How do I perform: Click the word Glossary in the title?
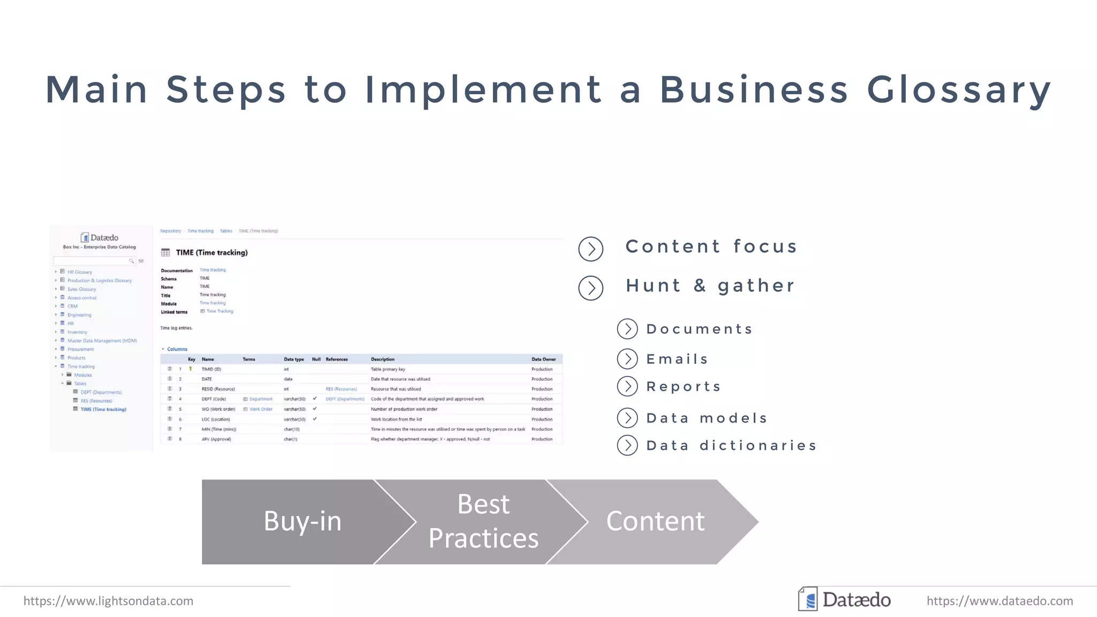[959, 90]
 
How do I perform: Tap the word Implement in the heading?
[483, 90]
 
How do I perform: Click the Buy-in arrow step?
[302, 521]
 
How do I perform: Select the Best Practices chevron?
[483, 521]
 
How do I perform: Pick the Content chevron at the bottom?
[655, 521]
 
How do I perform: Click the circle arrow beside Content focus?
[591, 249]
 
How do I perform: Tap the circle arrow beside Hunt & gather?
[591, 288]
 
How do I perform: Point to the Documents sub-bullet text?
[700, 329]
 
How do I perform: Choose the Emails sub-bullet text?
[677, 359]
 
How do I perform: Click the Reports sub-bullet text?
[683, 387]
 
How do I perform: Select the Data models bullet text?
[707, 418]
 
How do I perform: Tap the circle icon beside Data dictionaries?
[627, 445]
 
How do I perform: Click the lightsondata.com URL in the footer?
[108, 601]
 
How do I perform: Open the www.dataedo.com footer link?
[1000, 601]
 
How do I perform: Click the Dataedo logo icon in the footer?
[808, 599]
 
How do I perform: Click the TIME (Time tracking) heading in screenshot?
[212, 252]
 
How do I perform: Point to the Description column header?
[382, 359]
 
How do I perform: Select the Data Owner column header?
[543, 359]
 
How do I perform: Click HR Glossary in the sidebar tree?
[79, 272]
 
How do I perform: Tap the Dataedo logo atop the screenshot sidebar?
[100, 237]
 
